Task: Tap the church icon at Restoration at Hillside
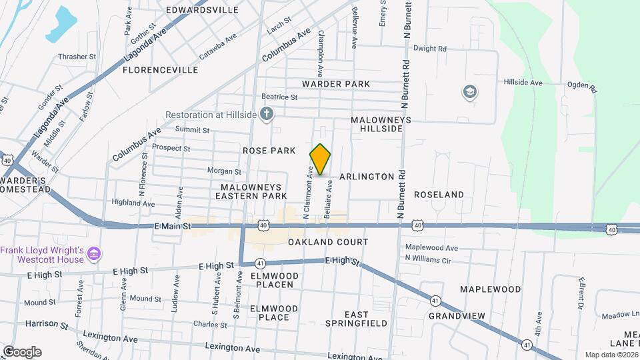267,114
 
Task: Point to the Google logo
22,351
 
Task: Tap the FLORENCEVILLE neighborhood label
161,69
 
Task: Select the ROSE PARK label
269,151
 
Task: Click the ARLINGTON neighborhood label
367,177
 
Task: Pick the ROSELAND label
439,195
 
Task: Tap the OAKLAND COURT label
328,242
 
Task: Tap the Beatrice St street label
279,97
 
